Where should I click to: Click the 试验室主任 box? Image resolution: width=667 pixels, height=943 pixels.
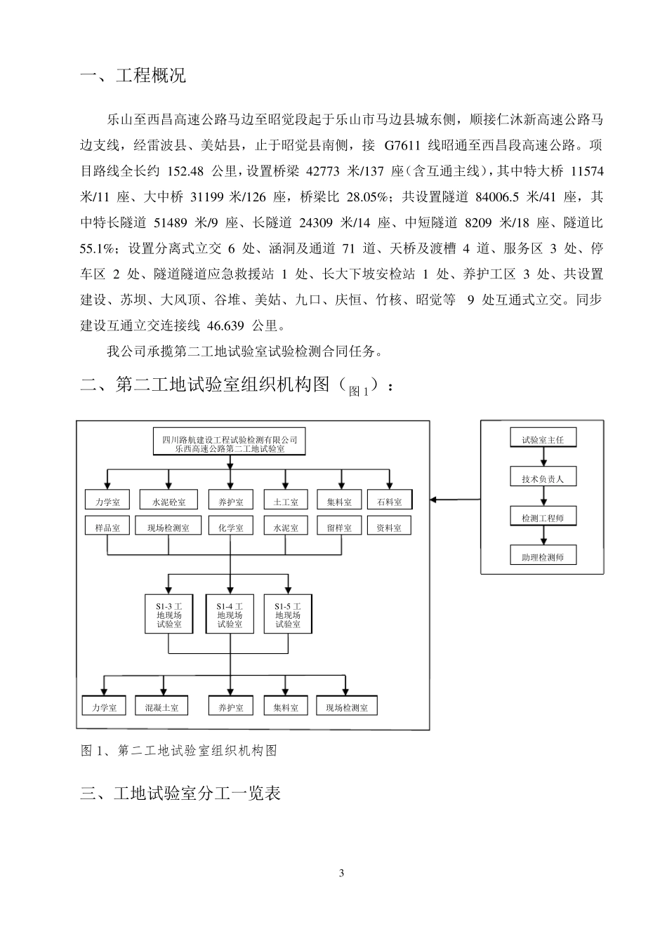tap(543, 440)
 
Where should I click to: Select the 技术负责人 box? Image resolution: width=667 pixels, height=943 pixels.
tap(543, 479)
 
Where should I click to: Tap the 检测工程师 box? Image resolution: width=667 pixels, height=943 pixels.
tap(543, 518)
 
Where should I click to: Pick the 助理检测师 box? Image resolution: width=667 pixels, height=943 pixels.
tap(543, 557)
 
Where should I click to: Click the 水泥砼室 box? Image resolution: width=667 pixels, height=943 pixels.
tap(169, 502)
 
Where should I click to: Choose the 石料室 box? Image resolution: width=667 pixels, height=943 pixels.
tap(389, 502)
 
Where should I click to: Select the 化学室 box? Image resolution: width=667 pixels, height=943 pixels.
tap(230, 527)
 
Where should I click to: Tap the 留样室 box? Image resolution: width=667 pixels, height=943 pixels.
tap(339, 527)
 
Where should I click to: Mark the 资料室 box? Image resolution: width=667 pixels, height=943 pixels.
tap(389, 527)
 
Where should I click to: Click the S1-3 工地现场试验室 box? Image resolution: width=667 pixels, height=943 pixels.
tap(169, 615)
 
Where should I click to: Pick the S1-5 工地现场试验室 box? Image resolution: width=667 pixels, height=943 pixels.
tap(288, 615)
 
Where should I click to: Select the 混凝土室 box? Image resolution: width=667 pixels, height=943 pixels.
tap(162, 707)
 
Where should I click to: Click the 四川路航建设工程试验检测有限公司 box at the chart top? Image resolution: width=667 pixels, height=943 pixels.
tap(230, 443)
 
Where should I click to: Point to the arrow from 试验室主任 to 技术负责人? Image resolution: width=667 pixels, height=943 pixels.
tap(543, 457)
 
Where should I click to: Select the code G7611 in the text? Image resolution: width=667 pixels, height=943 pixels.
tap(403, 146)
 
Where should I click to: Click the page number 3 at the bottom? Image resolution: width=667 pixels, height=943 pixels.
tap(342, 874)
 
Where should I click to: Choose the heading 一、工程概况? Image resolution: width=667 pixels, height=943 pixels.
tap(133, 76)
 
